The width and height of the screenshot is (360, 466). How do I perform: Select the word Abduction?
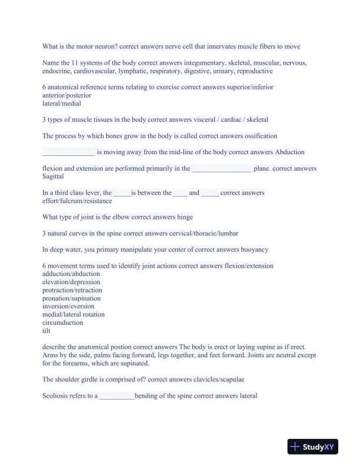coord(290,152)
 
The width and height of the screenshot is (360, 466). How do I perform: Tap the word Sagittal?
coord(54,177)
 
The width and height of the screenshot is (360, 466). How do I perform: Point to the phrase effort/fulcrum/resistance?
coord(77,201)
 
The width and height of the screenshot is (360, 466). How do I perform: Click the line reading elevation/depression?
coord(71,282)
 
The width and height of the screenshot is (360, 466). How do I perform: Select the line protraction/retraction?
coord(72,290)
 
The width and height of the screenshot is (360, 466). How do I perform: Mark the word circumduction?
coord(63,322)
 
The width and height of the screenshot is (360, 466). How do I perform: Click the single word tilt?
coord(46,331)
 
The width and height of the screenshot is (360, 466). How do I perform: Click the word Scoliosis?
coord(56,396)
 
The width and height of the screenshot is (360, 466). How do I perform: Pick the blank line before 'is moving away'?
coord(68,152)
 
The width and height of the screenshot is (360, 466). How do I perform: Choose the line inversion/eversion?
coord(68,307)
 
